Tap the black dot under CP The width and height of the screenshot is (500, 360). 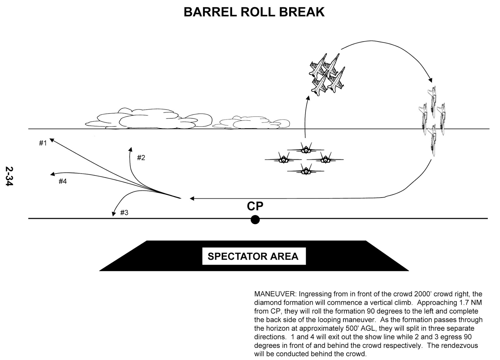point(255,220)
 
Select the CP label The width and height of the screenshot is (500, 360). point(255,206)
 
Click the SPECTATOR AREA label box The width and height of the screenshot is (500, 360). point(253,256)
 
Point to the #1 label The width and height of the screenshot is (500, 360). point(43,143)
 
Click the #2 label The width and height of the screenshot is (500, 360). point(141,157)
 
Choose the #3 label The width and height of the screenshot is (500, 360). point(124,213)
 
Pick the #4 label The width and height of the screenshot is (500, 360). point(62,181)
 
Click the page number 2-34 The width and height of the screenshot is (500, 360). point(9,176)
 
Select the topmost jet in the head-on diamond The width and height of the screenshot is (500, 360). point(305,149)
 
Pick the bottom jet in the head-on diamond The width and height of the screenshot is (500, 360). point(305,170)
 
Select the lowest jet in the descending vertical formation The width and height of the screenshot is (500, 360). point(433,139)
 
